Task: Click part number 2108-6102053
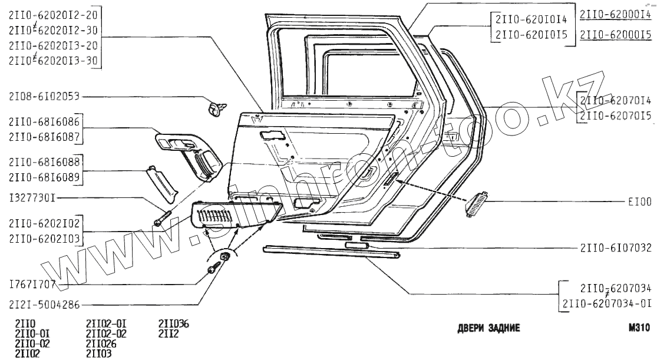[45, 95]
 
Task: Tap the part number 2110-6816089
[45, 176]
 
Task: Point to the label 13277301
[33, 197]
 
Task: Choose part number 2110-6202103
[45, 237]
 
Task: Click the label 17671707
[33, 283]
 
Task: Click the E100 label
[639, 202]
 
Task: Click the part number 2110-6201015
[531, 35]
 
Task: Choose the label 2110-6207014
[616, 101]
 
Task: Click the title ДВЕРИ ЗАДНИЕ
[488, 328]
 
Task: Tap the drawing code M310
[639, 328]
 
